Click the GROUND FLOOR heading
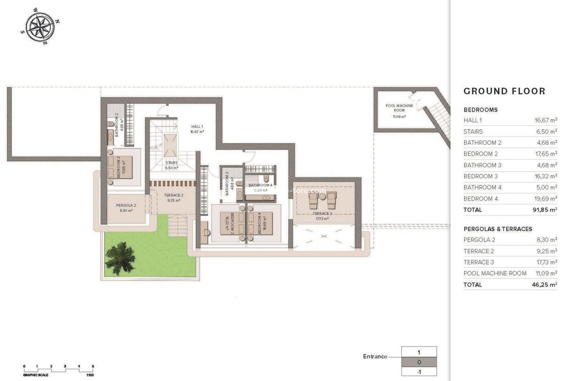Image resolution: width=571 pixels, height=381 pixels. pos(504,91)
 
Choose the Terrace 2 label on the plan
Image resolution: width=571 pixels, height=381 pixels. pos(173,197)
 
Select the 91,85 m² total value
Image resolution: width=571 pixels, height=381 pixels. pos(545,210)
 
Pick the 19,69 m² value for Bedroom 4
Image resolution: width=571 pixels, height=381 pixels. pos(546,198)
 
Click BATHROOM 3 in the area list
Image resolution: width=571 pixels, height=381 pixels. pos(482,165)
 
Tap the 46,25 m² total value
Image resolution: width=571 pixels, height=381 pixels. pos(545,285)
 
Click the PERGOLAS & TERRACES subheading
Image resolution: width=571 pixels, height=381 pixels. pos(498,229)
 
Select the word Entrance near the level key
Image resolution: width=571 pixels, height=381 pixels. pos(375,357)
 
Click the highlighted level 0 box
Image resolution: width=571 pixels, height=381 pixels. pos(419,362)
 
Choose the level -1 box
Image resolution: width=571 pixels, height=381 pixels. pos(419,371)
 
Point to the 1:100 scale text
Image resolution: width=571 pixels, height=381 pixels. pos(90,375)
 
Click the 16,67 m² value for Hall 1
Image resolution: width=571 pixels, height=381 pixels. pos(546,120)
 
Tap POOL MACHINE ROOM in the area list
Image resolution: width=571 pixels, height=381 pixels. pos(495,274)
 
